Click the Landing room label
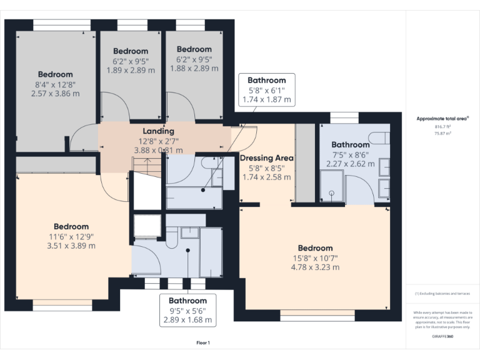point(158,131)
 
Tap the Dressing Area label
point(266,158)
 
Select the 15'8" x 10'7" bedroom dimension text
point(315,257)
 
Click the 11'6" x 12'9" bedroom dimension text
point(71,236)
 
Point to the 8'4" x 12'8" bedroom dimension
point(55,84)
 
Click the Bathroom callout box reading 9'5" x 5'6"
point(187,310)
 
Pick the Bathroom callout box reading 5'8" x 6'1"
point(266,89)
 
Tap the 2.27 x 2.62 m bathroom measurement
point(350,164)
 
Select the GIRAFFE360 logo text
point(444,337)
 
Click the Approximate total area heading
point(443,119)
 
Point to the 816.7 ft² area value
point(443,127)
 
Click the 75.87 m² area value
point(443,133)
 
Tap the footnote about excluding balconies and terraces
point(443,293)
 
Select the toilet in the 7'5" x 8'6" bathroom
point(377,137)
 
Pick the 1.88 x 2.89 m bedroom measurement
point(194,68)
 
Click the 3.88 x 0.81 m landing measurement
point(158,150)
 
